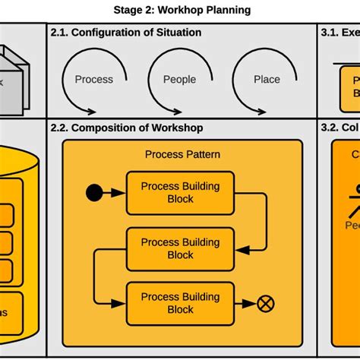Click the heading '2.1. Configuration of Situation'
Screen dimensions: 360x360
[x=126, y=33]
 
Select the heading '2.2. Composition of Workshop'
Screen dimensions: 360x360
[x=127, y=128]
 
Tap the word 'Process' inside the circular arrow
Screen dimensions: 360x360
[x=93, y=79]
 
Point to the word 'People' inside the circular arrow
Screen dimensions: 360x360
[x=179, y=79]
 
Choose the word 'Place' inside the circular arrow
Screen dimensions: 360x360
[x=267, y=79]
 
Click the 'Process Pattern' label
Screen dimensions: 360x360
[x=182, y=154]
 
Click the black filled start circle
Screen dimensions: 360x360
[x=93, y=193]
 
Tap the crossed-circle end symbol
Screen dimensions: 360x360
[x=265, y=304]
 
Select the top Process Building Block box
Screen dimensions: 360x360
[x=180, y=193]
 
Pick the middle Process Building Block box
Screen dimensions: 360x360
[x=180, y=248]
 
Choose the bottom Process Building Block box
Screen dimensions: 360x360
[x=180, y=304]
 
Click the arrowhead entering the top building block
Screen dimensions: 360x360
[x=119, y=193]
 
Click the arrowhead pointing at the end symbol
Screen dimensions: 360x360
[x=251, y=304]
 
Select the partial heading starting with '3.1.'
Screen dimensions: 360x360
[x=339, y=33]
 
